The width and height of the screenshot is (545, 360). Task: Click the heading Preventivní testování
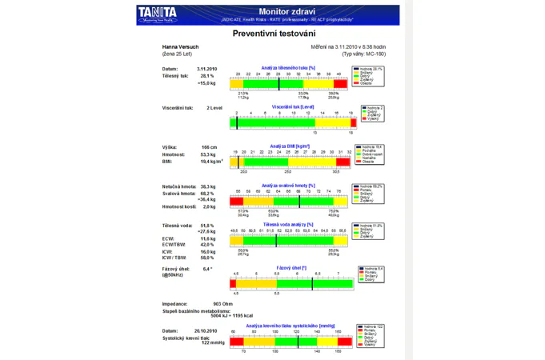point(274,34)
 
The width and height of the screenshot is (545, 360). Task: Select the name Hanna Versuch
point(180,47)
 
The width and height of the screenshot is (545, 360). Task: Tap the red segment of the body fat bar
point(340,83)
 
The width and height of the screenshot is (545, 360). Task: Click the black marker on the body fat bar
point(279,83)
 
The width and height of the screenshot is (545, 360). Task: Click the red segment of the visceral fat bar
point(351,122)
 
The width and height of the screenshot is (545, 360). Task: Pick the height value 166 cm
point(209,147)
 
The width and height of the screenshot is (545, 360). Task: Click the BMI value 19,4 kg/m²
point(211,162)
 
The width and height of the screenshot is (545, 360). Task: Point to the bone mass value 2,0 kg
point(209,206)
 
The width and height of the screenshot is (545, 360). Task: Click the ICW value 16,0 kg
point(208,251)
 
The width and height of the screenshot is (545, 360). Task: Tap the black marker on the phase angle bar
point(312,283)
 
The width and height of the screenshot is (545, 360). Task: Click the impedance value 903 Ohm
point(222,304)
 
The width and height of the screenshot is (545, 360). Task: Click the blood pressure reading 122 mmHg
point(213,342)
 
